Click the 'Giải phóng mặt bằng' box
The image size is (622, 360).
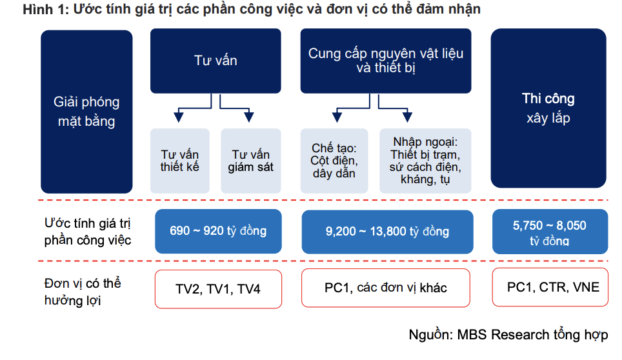tap(86, 112)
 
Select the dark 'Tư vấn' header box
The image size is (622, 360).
tap(216, 61)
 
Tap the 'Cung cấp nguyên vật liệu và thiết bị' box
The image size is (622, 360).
tap(386, 61)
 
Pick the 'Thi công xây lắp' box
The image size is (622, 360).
tap(548, 108)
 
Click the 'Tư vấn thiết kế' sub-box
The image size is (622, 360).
tap(180, 161)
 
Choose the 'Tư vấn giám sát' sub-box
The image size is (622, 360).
tap(251, 161)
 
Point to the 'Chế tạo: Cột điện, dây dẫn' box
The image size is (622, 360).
tap(334, 161)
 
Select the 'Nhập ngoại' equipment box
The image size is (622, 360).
tap(425, 161)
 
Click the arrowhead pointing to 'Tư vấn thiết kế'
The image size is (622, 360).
tap(179, 117)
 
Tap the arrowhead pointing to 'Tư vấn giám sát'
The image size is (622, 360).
tap(248, 117)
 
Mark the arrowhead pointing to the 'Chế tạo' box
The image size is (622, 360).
tap(337, 117)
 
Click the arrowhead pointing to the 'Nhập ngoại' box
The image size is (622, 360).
tap(407, 117)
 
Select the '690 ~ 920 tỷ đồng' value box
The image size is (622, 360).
tap(218, 231)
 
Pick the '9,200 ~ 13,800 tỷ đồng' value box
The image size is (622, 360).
tap(387, 232)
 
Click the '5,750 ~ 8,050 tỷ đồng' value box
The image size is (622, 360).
tap(550, 232)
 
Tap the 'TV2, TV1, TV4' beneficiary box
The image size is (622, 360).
tap(218, 289)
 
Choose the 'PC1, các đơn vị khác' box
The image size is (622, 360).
tap(386, 288)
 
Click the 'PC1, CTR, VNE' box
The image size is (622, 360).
tap(550, 287)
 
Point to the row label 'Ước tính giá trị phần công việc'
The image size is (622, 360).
tap(88, 232)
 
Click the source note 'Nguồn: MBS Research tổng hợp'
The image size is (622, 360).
tap(508, 335)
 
